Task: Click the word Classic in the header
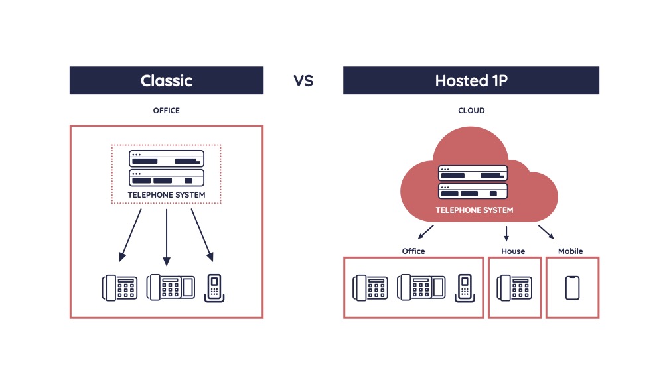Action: (x=167, y=81)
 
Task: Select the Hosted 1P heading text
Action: (x=471, y=81)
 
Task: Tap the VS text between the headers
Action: (x=303, y=81)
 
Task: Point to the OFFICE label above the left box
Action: (x=167, y=111)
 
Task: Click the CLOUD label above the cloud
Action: (x=471, y=111)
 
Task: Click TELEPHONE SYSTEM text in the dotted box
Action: (x=166, y=195)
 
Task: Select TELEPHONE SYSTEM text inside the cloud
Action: (x=474, y=210)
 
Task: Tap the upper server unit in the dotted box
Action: (x=166, y=159)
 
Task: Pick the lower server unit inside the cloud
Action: (x=473, y=192)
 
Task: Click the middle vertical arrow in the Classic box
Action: (x=166, y=236)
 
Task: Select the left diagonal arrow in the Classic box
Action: (x=131, y=235)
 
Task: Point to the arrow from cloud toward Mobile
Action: (x=546, y=231)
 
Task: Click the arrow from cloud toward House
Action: (x=506, y=233)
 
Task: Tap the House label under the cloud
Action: (x=513, y=251)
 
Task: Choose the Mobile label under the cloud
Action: (x=571, y=251)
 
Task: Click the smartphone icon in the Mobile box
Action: (x=573, y=288)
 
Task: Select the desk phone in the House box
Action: (x=513, y=288)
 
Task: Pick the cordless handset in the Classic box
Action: (x=214, y=288)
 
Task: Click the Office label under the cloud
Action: (x=413, y=251)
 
